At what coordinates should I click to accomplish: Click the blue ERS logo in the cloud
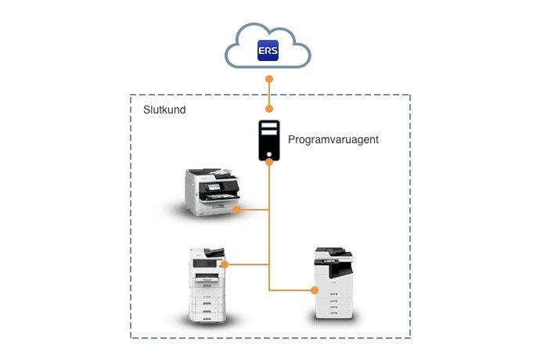268,52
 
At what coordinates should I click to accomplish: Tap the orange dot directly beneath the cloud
268,79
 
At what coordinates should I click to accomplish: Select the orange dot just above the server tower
268,109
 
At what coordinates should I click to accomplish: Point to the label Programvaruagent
333,139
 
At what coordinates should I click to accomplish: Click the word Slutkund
164,110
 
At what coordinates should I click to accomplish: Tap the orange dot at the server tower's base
268,162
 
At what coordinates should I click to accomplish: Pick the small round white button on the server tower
268,153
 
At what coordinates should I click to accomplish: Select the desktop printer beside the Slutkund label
211,191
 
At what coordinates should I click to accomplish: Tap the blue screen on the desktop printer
212,189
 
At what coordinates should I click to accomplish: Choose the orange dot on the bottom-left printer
225,265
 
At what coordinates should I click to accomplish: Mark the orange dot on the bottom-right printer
315,290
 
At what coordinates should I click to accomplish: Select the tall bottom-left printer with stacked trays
207,285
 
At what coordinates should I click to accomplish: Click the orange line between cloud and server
268,94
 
